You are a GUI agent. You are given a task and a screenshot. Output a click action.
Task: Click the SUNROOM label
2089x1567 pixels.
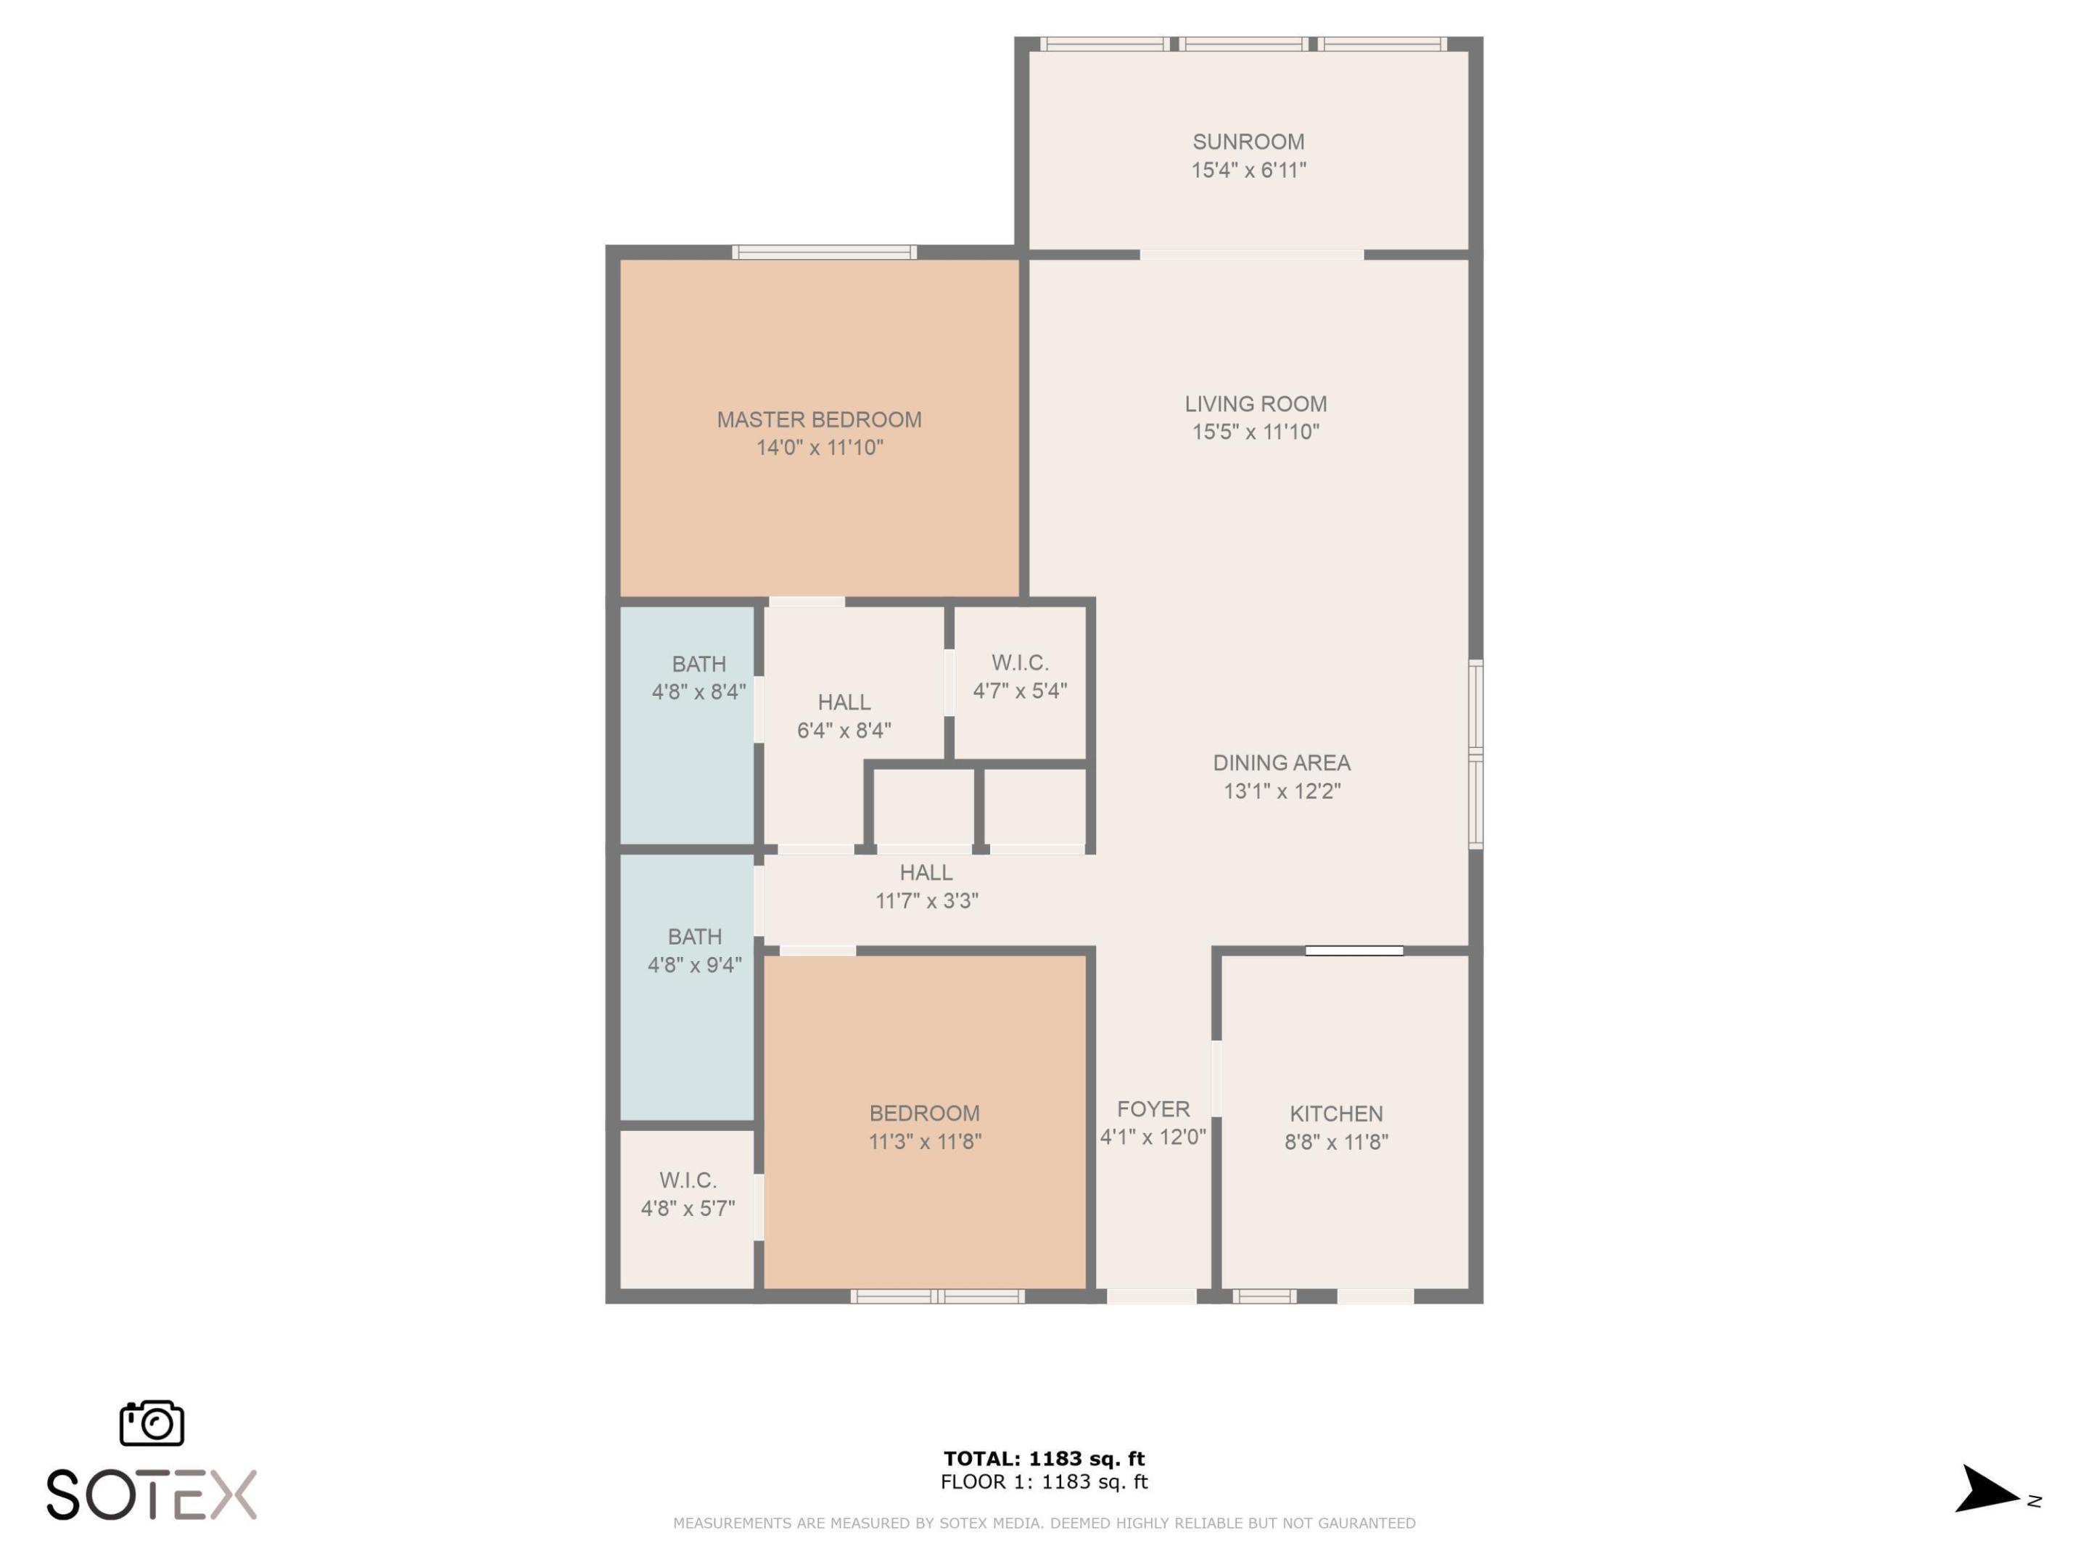(1248, 141)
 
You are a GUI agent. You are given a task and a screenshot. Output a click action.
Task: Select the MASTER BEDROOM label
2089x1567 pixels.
(819, 419)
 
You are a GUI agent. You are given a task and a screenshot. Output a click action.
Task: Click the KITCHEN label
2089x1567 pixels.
(1335, 1114)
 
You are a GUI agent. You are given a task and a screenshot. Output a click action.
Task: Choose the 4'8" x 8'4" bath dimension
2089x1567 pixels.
(698, 691)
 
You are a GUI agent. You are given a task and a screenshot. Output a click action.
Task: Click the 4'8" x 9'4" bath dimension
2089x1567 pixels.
(694, 964)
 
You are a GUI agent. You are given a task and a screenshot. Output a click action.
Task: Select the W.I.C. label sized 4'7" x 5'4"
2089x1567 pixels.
(1020, 662)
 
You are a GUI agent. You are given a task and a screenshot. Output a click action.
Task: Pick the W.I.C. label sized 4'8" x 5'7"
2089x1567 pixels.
(688, 1180)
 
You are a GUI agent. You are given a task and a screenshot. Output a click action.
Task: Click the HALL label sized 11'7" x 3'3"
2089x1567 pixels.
(926, 872)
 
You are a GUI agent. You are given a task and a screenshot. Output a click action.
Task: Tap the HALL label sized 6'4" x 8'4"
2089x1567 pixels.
(844, 702)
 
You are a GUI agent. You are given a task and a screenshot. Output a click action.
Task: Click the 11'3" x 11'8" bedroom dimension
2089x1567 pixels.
(925, 1141)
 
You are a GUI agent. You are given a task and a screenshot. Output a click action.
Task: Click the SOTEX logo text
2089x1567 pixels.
(151, 1494)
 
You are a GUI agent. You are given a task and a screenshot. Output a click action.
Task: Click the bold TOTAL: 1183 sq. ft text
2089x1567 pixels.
(1044, 1458)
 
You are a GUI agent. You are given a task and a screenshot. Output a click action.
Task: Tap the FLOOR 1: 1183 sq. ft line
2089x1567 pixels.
(1044, 1481)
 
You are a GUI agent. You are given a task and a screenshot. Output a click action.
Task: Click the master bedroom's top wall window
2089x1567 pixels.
(823, 252)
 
